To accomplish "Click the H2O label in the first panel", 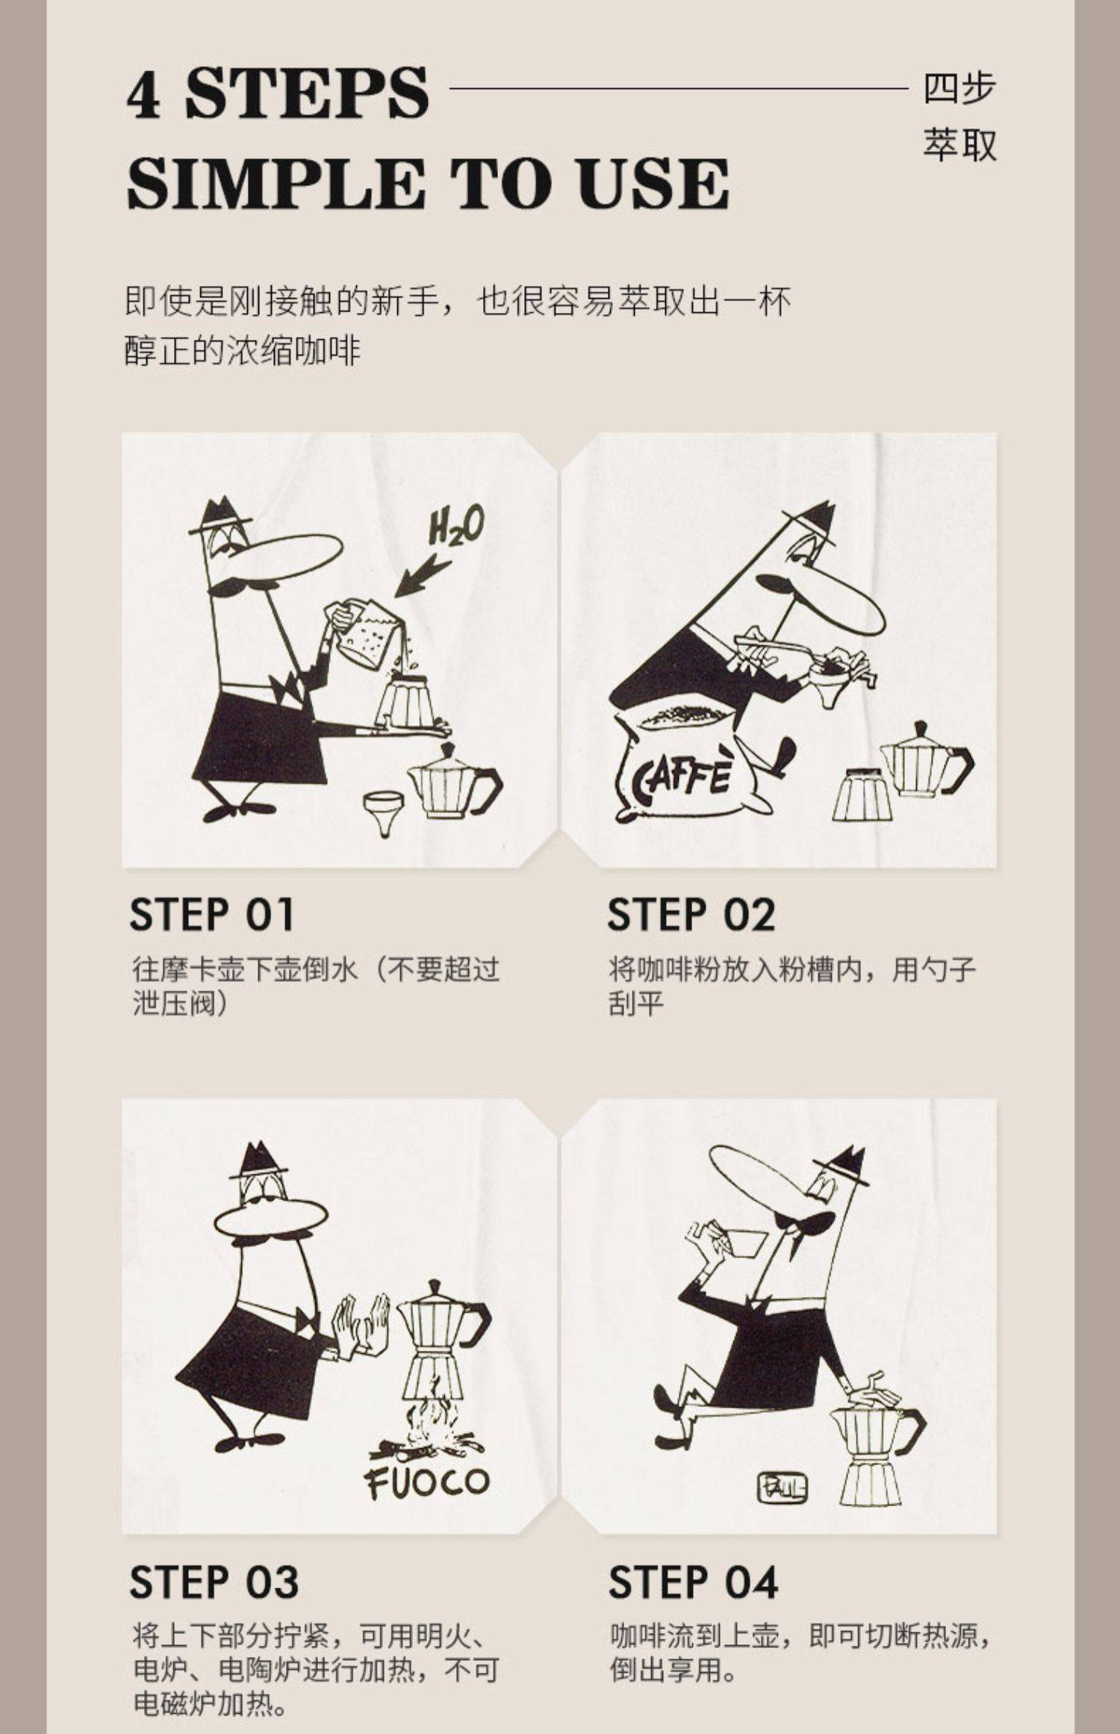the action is (455, 526).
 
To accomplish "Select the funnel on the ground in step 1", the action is (384, 813).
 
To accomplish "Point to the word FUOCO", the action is (427, 1482).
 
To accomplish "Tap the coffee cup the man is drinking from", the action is (735, 1240).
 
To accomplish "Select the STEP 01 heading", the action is (212, 915).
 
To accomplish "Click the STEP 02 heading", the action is (691, 915).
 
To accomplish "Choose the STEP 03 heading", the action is (214, 1581).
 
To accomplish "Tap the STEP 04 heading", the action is (693, 1581).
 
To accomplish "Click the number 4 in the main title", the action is (143, 95).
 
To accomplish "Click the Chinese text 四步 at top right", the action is (959, 89).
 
